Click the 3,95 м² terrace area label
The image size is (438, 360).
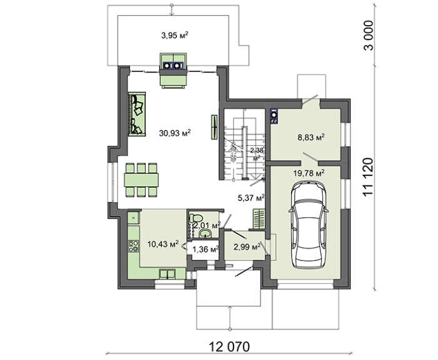pos(175,35)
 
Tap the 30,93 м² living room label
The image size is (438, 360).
pos(175,133)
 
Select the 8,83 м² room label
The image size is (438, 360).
pos(311,137)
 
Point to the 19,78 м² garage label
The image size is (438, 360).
pos(309,173)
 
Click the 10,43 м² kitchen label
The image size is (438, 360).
pos(163,244)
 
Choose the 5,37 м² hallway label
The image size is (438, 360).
pos(251,198)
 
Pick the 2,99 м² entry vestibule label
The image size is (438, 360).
pos(247,247)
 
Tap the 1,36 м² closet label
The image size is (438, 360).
pos(206,249)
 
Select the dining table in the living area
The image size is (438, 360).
pos(141,180)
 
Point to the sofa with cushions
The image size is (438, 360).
pos(137,114)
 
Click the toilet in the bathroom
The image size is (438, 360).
pos(195,218)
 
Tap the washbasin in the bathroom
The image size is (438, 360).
pos(206,233)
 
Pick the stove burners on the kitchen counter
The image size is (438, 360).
pos(133,246)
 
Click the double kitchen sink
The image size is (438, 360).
pos(167,274)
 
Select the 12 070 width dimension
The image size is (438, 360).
pos(230,347)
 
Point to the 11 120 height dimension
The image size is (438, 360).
pos(368,177)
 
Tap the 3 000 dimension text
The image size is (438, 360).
pos(368,35)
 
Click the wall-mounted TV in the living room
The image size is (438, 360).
pos(215,127)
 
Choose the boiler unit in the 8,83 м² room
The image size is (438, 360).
pos(274,116)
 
